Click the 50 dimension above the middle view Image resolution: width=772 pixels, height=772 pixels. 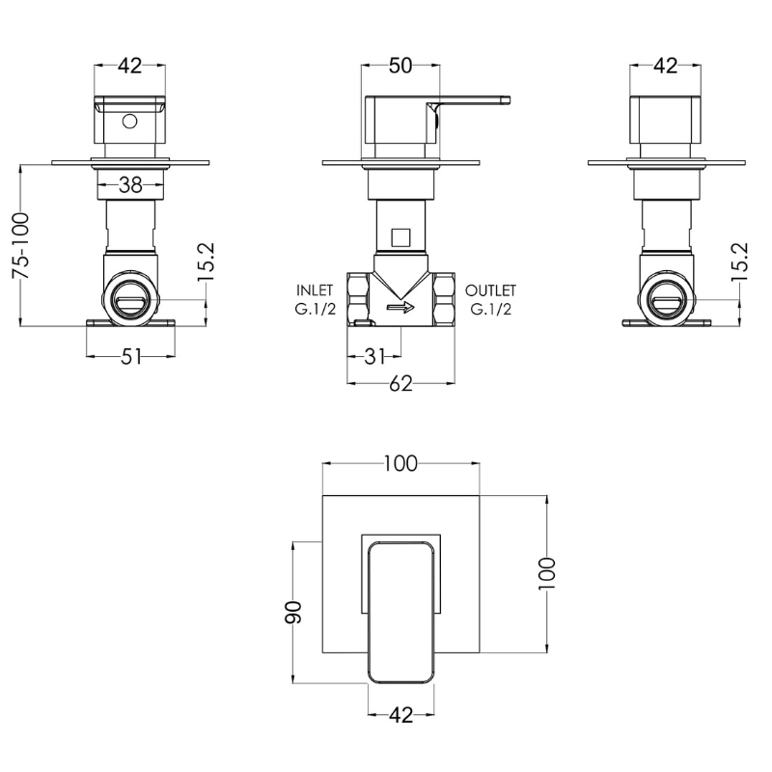click(x=400, y=66)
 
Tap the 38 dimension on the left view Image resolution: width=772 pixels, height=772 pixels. click(x=130, y=185)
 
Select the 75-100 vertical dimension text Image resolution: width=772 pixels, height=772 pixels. click(x=21, y=246)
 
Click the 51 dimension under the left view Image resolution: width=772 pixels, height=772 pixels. click(x=131, y=356)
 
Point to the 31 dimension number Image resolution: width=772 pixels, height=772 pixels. click(x=374, y=355)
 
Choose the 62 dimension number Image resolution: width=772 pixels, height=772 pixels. click(x=400, y=383)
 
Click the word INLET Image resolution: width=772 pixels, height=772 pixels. click(x=315, y=290)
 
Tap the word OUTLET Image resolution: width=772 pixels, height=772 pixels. click(x=490, y=290)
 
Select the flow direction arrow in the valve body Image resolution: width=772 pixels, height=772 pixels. click(x=400, y=308)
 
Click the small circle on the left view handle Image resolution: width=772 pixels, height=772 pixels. click(x=129, y=122)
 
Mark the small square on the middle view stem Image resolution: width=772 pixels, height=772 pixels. click(x=400, y=237)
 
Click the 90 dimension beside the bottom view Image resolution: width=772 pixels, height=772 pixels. click(x=293, y=612)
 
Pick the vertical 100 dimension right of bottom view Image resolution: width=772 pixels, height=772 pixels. click(x=547, y=573)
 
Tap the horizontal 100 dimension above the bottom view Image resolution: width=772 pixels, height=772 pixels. click(x=400, y=463)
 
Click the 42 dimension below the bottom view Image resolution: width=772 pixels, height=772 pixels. click(x=401, y=715)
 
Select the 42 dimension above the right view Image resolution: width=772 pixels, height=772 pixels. click(x=666, y=66)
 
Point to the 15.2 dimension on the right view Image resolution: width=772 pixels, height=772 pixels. click(x=740, y=262)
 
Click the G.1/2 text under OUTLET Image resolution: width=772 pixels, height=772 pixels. click(x=490, y=309)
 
